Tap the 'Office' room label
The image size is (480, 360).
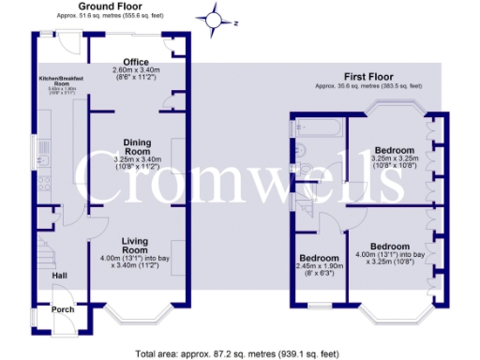coord(136,61)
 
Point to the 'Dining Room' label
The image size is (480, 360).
coord(137,146)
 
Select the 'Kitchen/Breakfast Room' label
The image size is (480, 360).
coord(61,81)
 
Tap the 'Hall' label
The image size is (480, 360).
coord(58,276)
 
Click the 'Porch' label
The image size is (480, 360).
coord(62,309)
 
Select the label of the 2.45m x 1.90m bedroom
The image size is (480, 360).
coord(319,258)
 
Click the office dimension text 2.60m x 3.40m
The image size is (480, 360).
coord(137,70)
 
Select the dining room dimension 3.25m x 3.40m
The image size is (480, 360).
coord(137,161)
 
